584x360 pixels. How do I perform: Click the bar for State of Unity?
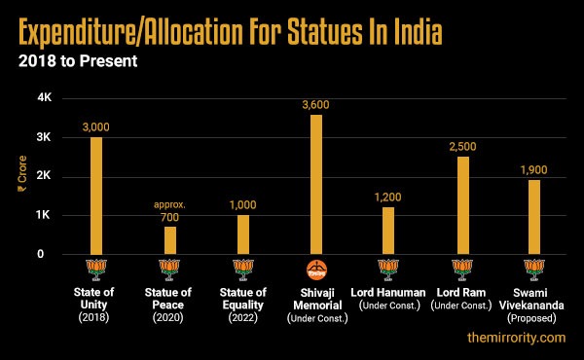click(x=96, y=195)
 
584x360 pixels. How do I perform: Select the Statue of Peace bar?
click(x=170, y=239)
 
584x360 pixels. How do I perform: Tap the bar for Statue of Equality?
click(x=243, y=234)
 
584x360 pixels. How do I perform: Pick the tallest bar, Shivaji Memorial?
click(x=315, y=184)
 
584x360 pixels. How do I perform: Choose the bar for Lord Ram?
click(x=462, y=204)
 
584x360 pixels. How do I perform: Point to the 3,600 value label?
click(x=315, y=104)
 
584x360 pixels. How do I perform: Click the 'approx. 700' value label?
click(x=169, y=211)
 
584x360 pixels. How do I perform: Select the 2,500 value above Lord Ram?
click(x=462, y=145)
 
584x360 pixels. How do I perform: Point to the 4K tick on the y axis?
click(x=44, y=98)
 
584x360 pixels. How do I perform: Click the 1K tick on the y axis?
click(x=44, y=215)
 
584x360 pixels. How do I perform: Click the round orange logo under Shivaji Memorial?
click(x=315, y=270)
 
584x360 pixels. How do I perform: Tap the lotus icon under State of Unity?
click(x=96, y=270)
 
